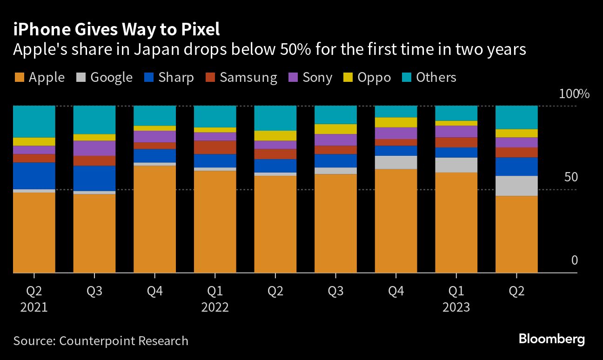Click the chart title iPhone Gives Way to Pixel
116,30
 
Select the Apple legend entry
40,77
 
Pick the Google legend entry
104,77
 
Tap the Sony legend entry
311,77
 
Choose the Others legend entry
429,77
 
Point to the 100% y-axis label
574,94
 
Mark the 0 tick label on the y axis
574,260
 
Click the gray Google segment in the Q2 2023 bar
516,186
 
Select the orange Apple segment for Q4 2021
154,219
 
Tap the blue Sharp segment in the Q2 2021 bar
34,176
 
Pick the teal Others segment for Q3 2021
94,120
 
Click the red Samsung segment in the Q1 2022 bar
215,147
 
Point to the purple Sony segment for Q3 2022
335,140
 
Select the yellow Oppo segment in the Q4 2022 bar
396,122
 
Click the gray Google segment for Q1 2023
456,165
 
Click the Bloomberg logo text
552,340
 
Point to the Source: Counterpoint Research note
101,341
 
